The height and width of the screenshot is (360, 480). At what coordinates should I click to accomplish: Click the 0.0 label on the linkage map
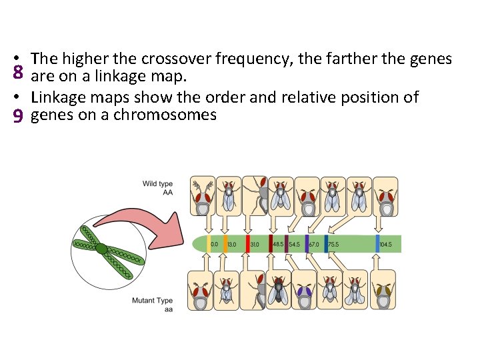pos(214,245)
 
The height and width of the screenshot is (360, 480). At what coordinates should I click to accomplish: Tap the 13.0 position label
pos(231,245)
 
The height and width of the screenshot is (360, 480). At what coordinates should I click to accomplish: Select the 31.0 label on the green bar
pos(255,245)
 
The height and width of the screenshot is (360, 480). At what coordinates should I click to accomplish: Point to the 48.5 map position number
pos(278,245)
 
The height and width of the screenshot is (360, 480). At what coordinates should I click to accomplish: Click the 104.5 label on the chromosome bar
pos(386,245)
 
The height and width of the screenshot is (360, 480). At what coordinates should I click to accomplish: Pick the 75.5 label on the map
pos(334,245)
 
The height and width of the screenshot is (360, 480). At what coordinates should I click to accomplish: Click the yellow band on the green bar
pos(209,243)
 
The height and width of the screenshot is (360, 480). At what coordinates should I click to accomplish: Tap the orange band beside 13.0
pos(225,243)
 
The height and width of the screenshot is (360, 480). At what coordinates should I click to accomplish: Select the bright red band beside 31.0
pos(247,243)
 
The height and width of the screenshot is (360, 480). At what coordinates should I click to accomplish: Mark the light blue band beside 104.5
pos(377,243)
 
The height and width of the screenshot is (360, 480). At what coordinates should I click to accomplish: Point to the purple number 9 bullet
pos(18,116)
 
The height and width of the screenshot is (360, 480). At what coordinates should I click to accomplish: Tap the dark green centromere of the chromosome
pos(101,249)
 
